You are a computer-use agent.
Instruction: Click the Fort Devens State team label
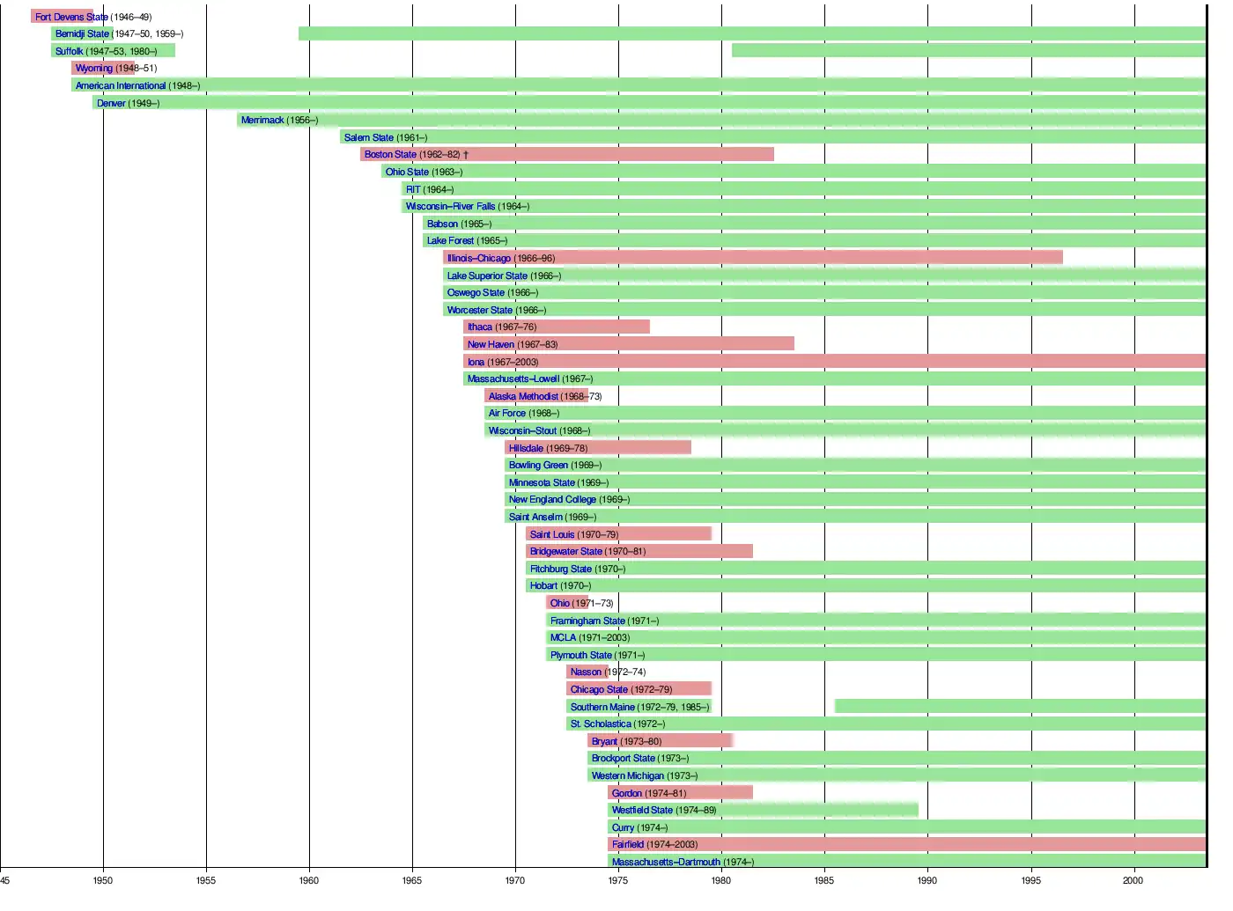click(71, 17)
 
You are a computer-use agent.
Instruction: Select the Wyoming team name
click(94, 68)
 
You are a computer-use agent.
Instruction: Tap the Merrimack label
click(262, 120)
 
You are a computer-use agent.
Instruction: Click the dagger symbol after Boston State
click(466, 155)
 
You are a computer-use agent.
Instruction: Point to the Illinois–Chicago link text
click(479, 258)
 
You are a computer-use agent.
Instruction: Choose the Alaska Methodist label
click(523, 396)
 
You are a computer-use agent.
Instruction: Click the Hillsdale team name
click(526, 448)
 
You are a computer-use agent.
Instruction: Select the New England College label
click(552, 499)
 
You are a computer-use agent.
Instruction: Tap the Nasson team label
click(586, 672)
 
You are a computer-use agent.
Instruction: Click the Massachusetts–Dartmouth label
click(666, 862)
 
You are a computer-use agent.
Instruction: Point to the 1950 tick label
click(103, 880)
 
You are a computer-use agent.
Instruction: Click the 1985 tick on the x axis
click(824, 880)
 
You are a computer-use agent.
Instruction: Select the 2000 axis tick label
click(1133, 880)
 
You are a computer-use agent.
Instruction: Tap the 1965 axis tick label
click(411, 880)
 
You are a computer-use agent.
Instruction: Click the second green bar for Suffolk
click(969, 50)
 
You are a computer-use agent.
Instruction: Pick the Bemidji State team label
click(82, 33)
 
